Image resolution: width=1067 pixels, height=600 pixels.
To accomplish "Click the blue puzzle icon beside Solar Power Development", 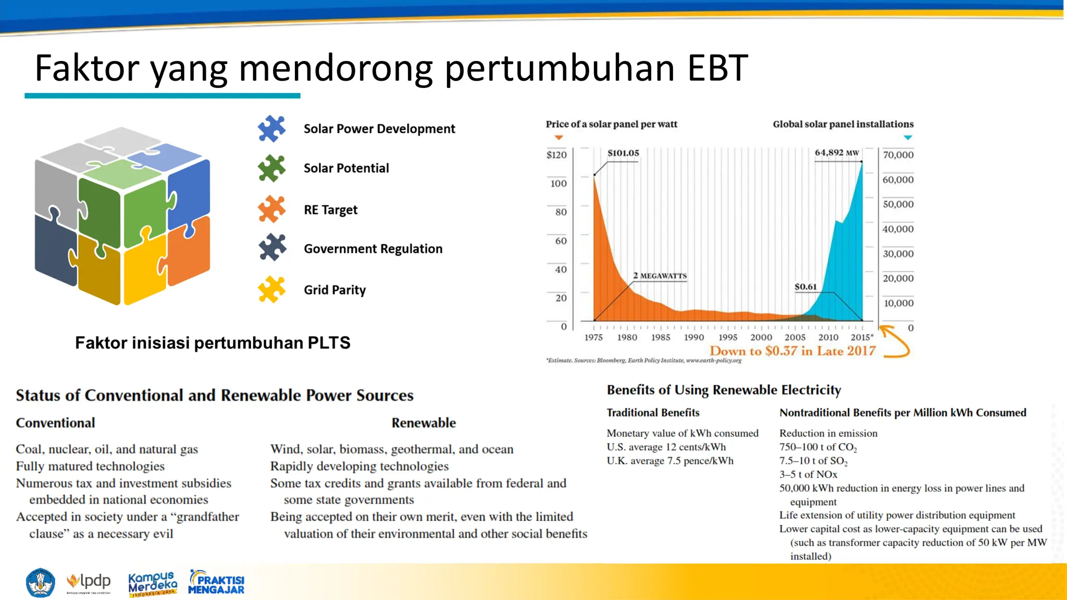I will tap(271, 129).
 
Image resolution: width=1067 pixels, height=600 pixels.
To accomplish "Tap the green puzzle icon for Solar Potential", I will tap(271, 168).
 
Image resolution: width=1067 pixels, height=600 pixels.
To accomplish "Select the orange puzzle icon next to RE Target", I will tap(271, 209).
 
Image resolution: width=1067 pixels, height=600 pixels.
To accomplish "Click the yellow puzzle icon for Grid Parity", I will tap(271, 290).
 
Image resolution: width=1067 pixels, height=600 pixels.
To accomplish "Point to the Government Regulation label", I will tap(373, 249).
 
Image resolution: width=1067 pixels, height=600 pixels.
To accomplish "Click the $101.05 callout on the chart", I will tap(623, 153).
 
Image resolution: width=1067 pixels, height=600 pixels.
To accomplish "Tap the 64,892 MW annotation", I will tap(837, 153).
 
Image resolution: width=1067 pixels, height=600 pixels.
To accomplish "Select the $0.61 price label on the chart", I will tap(805, 287).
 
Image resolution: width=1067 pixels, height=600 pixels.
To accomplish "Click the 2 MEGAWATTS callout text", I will tap(660, 276).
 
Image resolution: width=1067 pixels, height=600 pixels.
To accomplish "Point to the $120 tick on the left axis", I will tap(556, 155).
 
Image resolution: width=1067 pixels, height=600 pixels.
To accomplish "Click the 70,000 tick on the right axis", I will tap(898, 155).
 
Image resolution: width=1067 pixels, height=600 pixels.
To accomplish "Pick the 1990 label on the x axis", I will tap(694, 337).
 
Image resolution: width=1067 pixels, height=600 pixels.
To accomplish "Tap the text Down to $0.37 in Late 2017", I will tap(792, 351).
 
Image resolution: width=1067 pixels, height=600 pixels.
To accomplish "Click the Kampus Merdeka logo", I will tap(152, 583).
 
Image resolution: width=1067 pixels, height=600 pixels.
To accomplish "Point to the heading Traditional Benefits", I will tap(653, 413).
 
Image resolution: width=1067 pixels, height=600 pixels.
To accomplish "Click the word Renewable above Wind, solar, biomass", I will tap(424, 423).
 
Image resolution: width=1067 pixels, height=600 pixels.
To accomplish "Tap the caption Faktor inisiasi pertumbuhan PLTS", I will tap(213, 343).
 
